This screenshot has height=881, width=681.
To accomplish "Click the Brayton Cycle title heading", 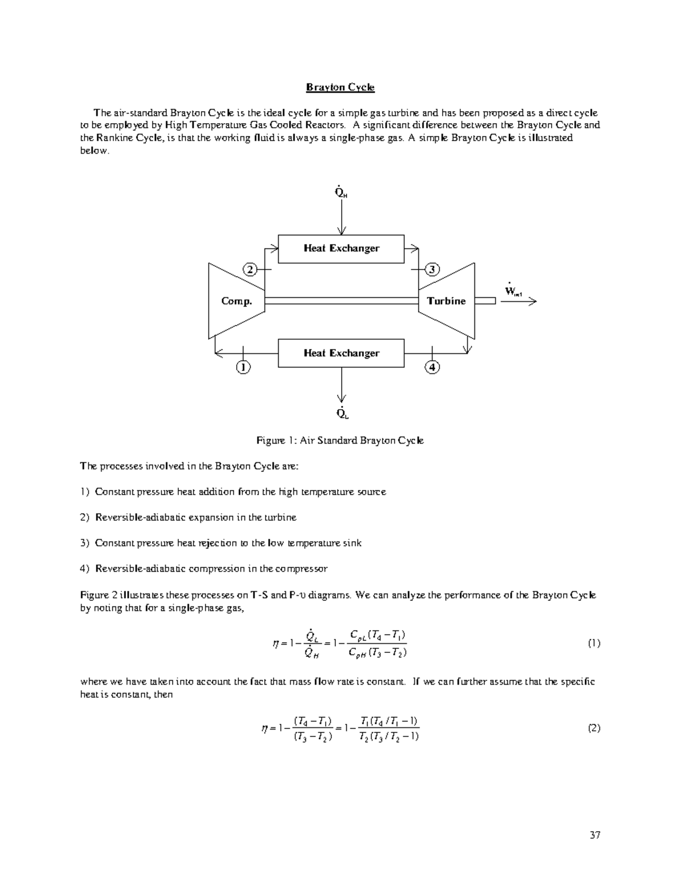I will [340, 87].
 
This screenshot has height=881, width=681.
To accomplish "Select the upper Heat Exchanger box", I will [341, 248].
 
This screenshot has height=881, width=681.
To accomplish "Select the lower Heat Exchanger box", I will [341, 353].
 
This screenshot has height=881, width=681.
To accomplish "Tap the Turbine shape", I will [447, 301].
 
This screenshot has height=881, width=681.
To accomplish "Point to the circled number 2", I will [250, 269].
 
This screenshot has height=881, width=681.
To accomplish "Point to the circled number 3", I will [432, 269].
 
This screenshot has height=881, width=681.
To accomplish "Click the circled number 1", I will [243, 367].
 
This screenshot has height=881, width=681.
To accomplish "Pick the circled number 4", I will [432, 367].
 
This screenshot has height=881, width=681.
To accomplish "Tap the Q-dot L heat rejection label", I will [342, 413].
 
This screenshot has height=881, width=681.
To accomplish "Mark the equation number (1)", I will [594, 643].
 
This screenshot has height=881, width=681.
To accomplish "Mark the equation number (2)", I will [594, 728].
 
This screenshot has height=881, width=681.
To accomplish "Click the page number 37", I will [595, 834].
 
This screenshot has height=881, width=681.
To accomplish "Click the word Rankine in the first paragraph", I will [113, 138].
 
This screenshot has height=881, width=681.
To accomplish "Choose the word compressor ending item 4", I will [301, 568].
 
